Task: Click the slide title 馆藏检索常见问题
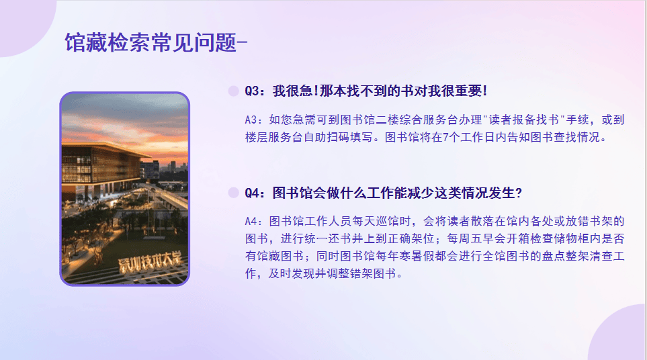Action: click(x=150, y=42)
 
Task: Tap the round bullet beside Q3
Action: click(x=234, y=91)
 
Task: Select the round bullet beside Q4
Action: click(x=234, y=193)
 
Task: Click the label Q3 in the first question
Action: click(x=252, y=91)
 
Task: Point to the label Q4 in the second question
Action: click(x=252, y=193)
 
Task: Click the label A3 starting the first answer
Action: click(x=252, y=120)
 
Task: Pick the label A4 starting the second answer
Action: click(x=252, y=222)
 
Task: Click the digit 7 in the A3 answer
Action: click(x=445, y=137)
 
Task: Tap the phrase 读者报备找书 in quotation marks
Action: click(x=524, y=120)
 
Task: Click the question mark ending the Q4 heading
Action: click(x=519, y=193)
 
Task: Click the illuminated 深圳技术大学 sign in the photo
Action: click(x=150, y=261)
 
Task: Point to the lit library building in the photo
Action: click(x=103, y=169)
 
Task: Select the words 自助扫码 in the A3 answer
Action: click(x=326, y=137)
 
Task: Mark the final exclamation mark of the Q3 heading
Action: click(x=485, y=91)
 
